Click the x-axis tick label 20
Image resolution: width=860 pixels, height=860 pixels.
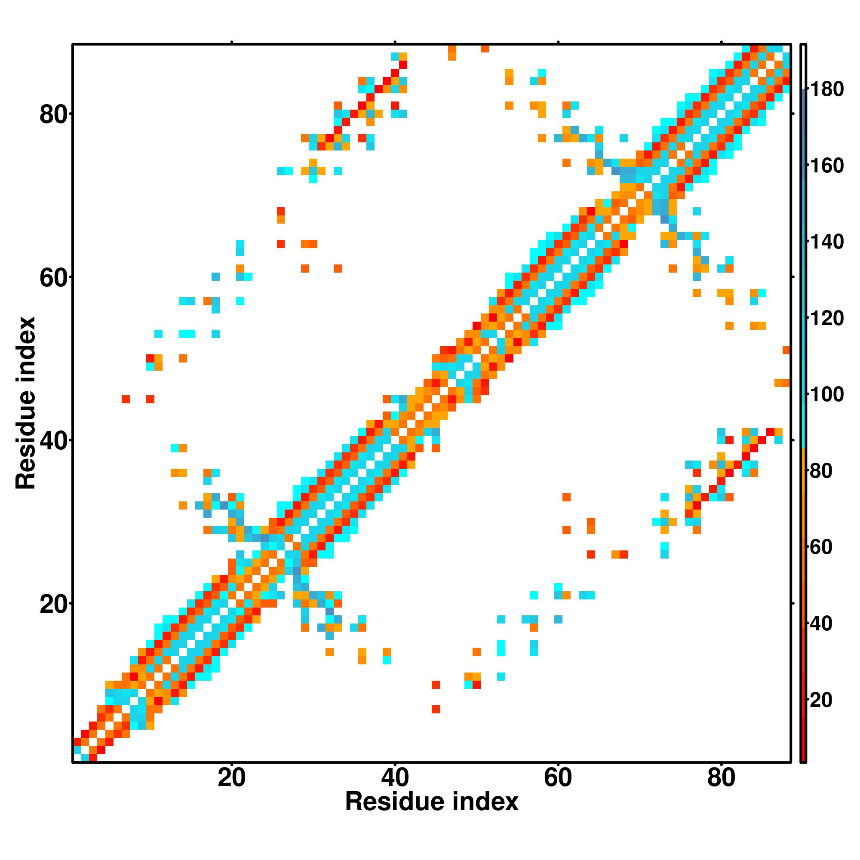point(231,779)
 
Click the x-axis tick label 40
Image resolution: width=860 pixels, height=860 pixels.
point(395,779)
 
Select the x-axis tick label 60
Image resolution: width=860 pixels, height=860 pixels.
point(558,779)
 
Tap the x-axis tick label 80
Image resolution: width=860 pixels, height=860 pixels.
point(721,779)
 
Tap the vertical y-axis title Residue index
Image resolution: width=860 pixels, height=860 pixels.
point(25,403)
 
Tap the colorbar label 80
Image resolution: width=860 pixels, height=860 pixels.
point(820,471)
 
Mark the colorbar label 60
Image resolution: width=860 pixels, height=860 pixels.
point(820,547)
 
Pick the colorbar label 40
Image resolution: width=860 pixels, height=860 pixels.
point(820,623)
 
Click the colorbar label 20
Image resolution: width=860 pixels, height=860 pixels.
point(820,700)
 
